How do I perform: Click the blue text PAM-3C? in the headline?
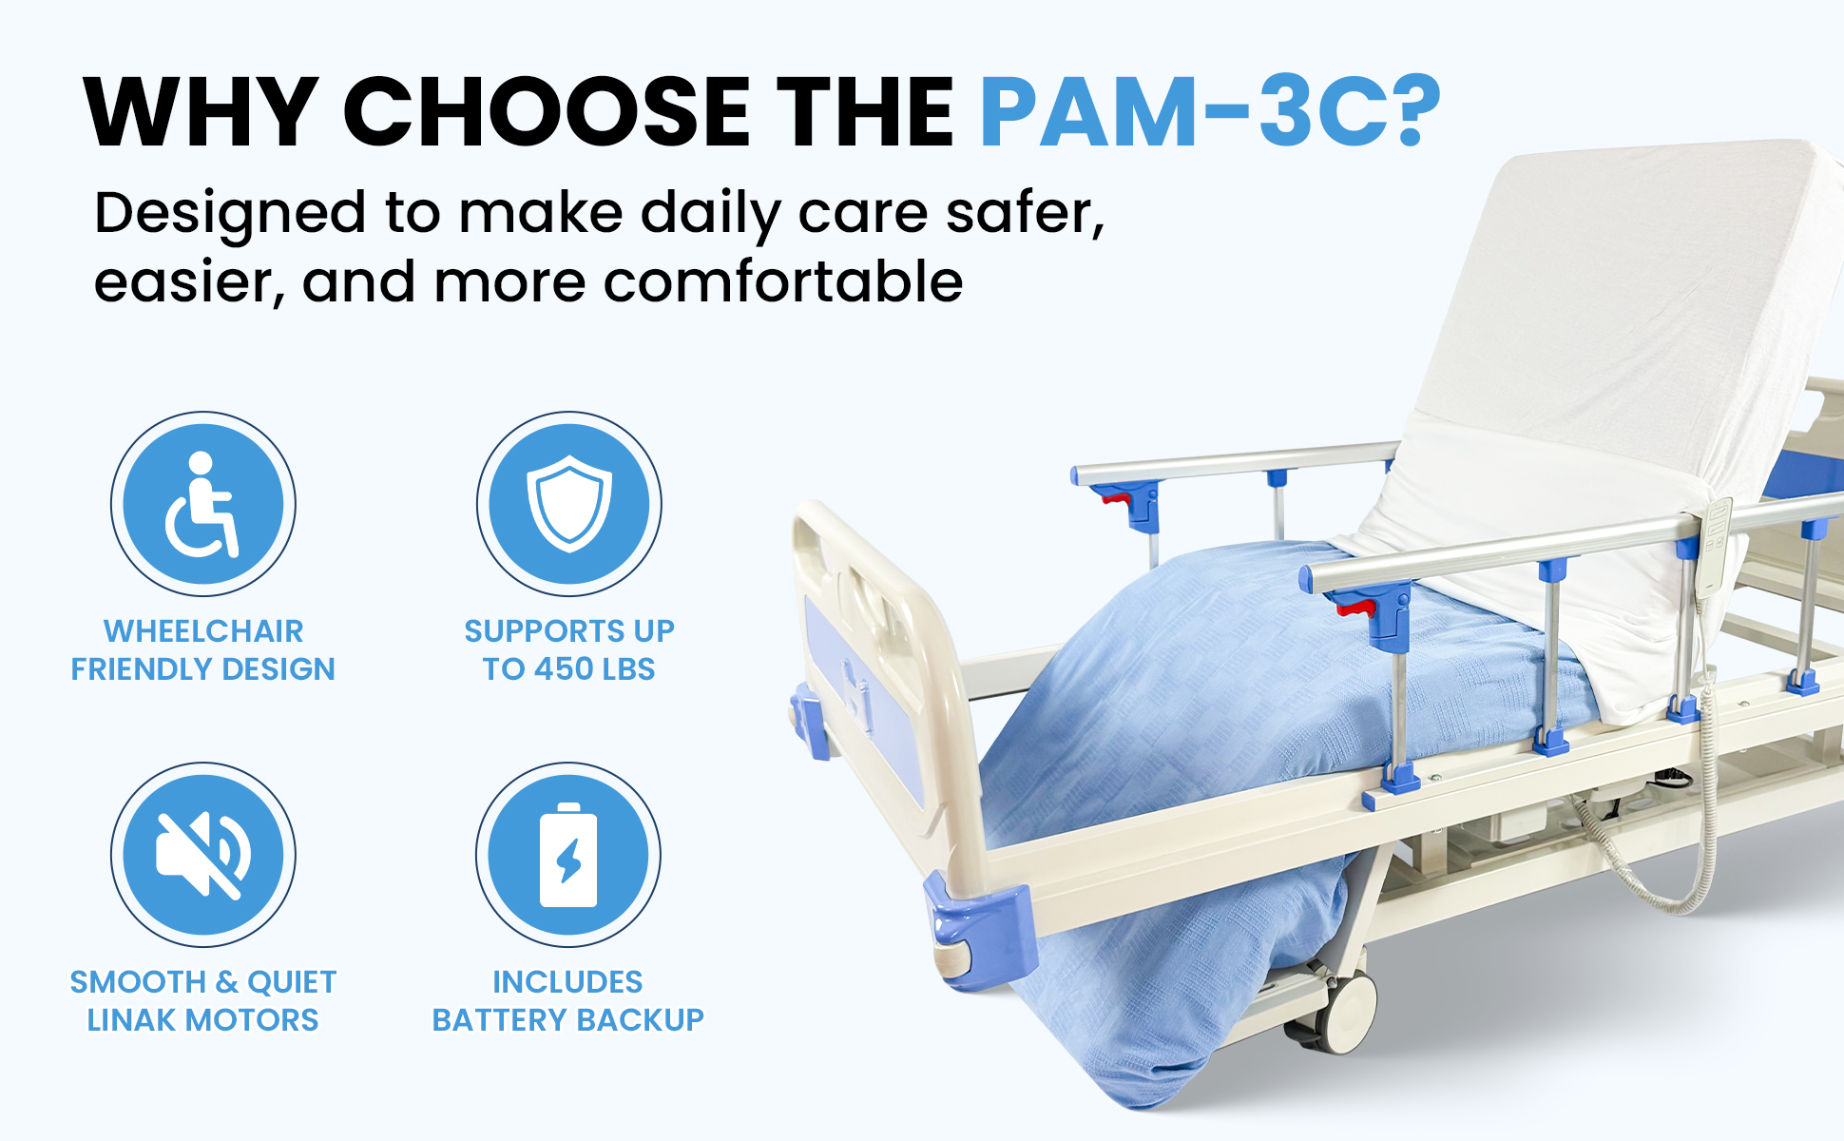tap(1209, 112)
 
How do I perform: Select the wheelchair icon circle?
tap(203, 504)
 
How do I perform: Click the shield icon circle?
tap(568, 504)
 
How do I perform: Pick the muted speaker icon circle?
tap(203, 855)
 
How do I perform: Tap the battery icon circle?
tap(568, 855)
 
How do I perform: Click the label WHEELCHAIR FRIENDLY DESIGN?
tap(203, 650)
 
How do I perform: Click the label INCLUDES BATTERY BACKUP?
tap(568, 1001)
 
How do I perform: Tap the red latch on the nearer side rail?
tap(1357, 605)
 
